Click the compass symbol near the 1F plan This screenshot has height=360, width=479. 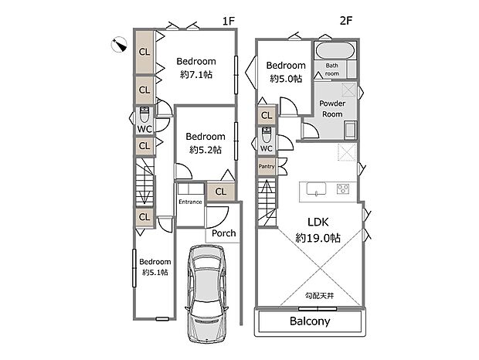tap(119, 45)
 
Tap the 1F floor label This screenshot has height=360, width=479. tap(228, 21)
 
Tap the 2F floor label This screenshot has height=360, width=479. tap(346, 20)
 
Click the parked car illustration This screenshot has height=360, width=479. tap(207, 294)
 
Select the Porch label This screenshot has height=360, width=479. tap(224, 233)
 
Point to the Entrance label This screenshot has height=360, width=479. tap(190, 202)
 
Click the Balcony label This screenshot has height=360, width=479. tap(310, 321)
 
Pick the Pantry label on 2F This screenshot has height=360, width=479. tap(267, 166)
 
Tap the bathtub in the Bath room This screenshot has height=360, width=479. tap(335, 50)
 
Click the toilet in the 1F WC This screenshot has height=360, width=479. tap(144, 114)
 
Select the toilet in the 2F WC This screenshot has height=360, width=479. tap(267, 134)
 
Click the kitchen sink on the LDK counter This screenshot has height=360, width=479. tap(316, 188)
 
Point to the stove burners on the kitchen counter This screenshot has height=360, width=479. tap(343, 189)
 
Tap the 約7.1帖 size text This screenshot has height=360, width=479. tap(196, 74)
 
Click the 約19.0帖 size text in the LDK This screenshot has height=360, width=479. tap(318, 238)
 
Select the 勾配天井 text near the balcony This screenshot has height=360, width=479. tap(320, 296)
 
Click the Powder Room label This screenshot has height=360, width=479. tap(332, 109)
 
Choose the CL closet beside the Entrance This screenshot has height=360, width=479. tap(221, 192)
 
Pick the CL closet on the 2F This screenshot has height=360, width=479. tap(267, 115)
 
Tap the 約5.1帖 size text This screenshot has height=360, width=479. tap(155, 272)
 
